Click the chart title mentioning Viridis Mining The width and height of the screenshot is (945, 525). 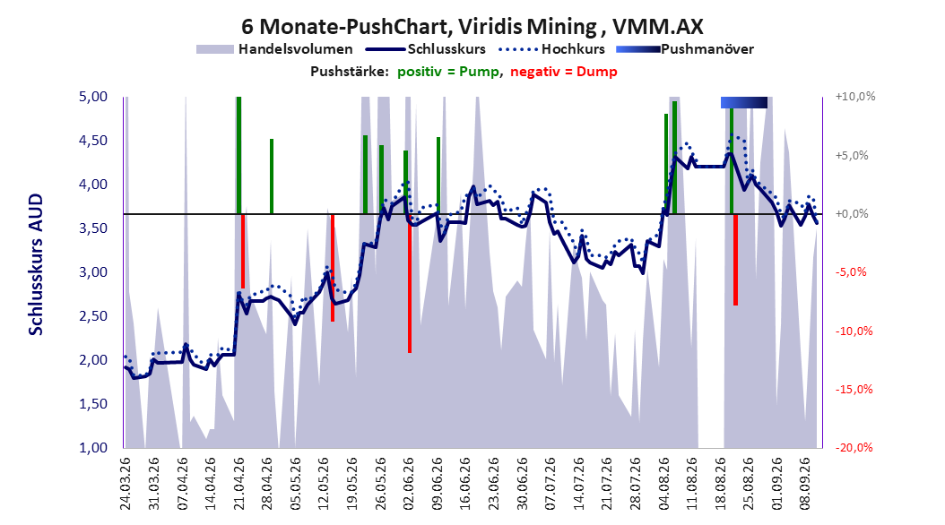[472, 27]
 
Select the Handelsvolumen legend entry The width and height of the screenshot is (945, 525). [274, 49]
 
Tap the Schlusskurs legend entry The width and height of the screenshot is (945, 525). [426, 49]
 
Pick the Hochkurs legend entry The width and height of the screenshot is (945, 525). [551, 49]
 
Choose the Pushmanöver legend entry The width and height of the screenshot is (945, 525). [685, 49]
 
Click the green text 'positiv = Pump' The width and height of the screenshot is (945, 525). [448, 72]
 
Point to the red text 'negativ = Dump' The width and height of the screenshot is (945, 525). [564, 72]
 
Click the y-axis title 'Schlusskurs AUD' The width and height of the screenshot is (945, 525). [36, 264]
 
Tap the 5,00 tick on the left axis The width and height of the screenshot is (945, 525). [93, 97]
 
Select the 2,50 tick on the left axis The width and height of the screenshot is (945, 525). [93, 316]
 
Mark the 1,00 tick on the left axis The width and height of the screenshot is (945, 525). [93, 447]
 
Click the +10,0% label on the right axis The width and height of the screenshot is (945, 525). [855, 97]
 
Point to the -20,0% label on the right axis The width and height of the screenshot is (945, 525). [854, 447]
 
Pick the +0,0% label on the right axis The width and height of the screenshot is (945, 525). [852, 214]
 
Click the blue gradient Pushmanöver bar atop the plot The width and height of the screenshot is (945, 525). [744, 102]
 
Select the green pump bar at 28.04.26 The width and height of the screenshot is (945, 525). [272, 176]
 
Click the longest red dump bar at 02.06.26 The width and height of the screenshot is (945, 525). [410, 283]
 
